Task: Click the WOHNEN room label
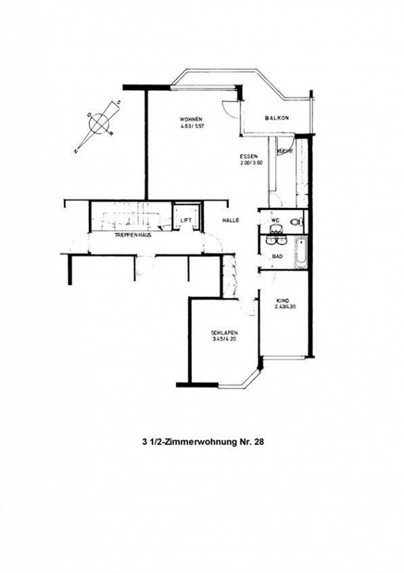click(191, 119)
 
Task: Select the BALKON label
click(277, 118)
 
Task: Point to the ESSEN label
click(249, 156)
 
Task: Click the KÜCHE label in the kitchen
click(285, 151)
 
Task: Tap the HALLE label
click(231, 221)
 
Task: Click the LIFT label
click(186, 220)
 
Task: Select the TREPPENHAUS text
click(133, 235)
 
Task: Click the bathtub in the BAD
click(300, 253)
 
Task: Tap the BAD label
click(277, 257)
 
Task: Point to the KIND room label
click(282, 300)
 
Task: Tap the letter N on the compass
click(75, 151)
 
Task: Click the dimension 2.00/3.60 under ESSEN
click(251, 162)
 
